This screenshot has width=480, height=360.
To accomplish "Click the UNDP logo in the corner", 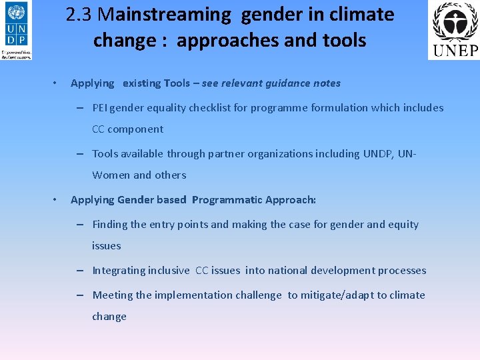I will [17, 31].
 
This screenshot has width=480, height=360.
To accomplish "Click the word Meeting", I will [113, 295].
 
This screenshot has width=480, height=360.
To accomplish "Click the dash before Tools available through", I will [79, 153].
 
